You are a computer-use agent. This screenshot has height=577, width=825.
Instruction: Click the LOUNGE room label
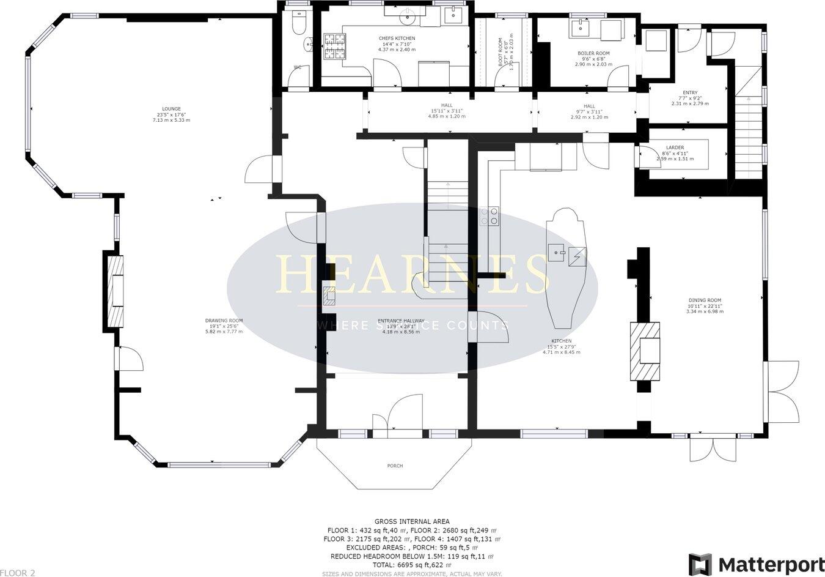click(x=171, y=109)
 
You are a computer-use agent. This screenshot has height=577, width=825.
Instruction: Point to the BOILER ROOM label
click(x=593, y=53)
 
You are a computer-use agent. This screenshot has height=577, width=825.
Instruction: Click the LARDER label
click(x=675, y=147)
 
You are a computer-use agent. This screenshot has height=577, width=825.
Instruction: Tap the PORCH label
click(x=395, y=466)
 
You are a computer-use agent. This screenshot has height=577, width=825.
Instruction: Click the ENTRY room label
click(x=688, y=93)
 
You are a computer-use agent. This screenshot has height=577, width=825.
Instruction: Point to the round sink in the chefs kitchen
click(x=406, y=18)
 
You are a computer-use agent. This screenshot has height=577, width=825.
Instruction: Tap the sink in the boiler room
click(x=579, y=27)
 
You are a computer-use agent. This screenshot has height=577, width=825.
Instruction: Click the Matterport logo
click(x=756, y=564)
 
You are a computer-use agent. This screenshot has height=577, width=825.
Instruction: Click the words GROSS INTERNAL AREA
click(x=413, y=521)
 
